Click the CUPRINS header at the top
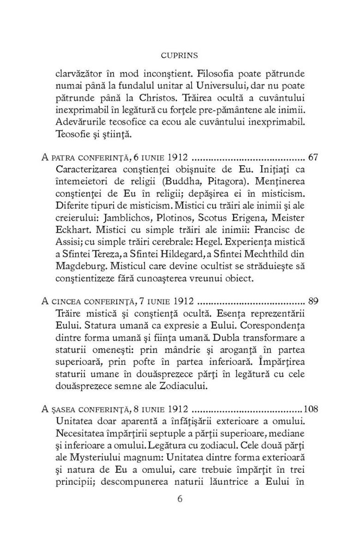click(x=180, y=55)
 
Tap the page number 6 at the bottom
click(x=180, y=500)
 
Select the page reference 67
click(x=313, y=157)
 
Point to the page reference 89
click(x=313, y=302)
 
